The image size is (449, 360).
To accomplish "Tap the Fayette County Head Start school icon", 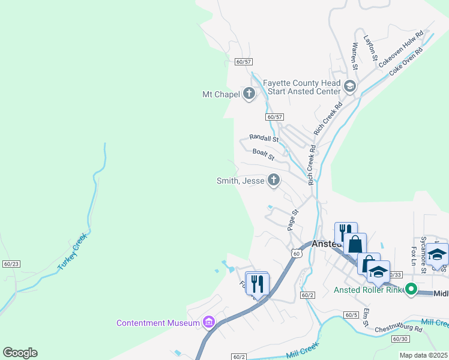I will (x=350, y=88).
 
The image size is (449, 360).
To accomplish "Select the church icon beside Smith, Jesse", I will (x=274, y=180).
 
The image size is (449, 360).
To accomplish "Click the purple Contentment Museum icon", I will (x=209, y=323).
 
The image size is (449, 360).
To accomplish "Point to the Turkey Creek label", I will (x=73, y=251).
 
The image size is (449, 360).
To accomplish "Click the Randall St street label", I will (x=264, y=138).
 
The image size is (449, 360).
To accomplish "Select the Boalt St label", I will (x=263, y=154).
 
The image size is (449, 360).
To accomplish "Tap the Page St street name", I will (x=292, y=220).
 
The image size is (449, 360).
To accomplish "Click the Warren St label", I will (x=355, y=55).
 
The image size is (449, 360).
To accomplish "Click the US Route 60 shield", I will (x=296, y=254).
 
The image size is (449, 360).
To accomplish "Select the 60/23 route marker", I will (x=11, y=264).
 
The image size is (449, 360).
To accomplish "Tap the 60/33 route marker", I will (x=394, y=275).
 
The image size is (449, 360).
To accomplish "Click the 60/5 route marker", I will (x=352, y=315).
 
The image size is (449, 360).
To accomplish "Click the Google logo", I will (x=20, y=353).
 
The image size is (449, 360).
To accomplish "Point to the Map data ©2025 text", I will (x=423, y=355).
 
